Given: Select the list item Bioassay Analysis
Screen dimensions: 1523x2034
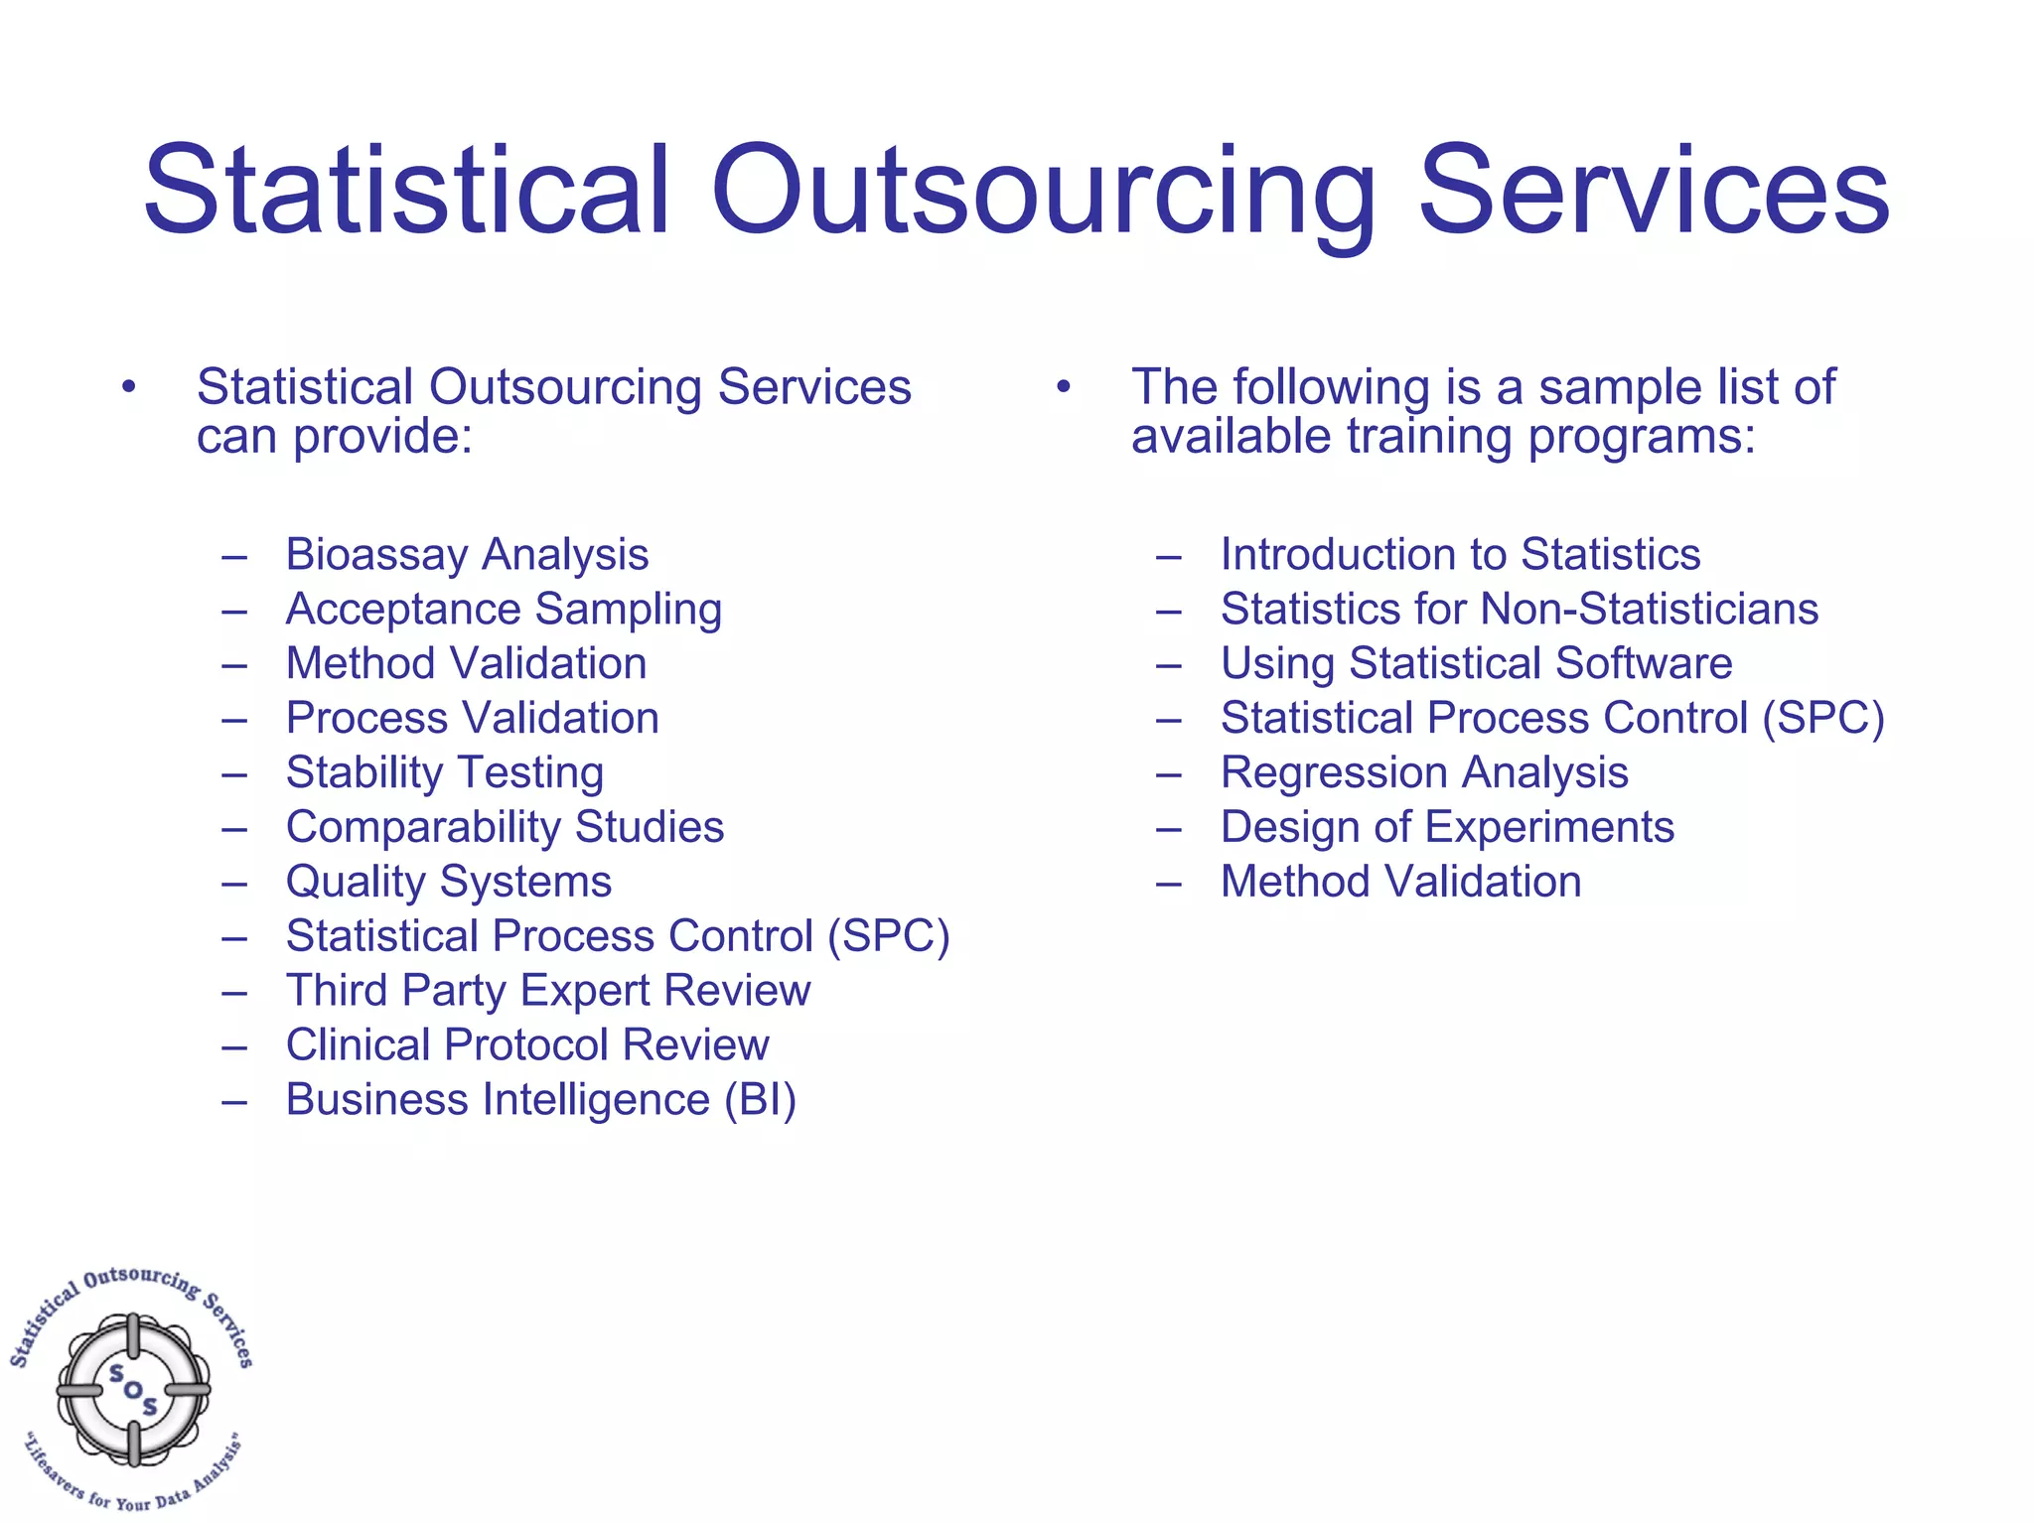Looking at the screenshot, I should pyautogui.click(x=467, y=554).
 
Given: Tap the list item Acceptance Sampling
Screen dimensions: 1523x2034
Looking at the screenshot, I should pyautogui.click(x=504, y=610).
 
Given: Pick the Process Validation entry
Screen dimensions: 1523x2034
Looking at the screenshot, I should pyautogui.click(x=472, y=718).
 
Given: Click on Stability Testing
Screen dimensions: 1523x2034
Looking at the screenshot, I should pyautogui.click(x=444, y=773).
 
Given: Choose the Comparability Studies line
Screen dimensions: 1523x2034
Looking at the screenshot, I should pyautogui.click(x=505, y=827).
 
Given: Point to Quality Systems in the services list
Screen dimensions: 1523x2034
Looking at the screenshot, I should pyautogui.click(x=448, y=882).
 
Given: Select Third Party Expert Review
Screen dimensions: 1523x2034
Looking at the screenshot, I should pyautogui.click(x=547, y=991).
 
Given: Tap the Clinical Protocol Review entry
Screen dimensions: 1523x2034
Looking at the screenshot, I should pyautogui.click(x=526, y=1045).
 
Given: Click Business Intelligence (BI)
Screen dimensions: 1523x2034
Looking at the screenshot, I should pyautogui.click(x=540, y=1100).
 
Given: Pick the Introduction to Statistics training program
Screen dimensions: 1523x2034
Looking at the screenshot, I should pyautogui.click(x=1460, y=554).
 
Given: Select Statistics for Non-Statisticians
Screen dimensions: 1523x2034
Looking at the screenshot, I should pyautogui.click(x=1519, y=609).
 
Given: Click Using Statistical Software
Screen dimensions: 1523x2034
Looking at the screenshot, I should pyautogui.click(x=1476, y=663).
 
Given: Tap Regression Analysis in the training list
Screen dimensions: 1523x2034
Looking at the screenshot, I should pyautogui.click(x=1424, y=772).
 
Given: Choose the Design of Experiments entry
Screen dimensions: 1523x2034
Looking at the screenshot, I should pyautogui.click(x=1447, y=827).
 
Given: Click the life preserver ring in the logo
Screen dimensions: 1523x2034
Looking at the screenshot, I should pyautogui.click(x=133, y=1389).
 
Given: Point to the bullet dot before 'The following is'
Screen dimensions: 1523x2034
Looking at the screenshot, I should pyautogui.click(x=1063, y=386).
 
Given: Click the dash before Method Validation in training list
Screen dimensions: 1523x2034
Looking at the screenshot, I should pyautogui.click(x=1169, y=883).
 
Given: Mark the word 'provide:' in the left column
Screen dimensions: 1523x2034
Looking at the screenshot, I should pyautogui.click(x=382, y=437).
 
